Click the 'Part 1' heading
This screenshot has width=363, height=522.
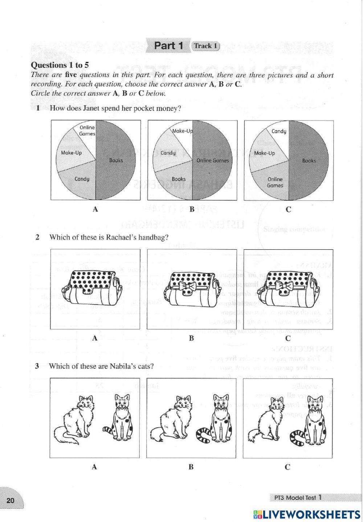tap(169, 46)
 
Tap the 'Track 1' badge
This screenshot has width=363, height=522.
tap(205, 46)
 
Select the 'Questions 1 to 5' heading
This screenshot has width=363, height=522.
tap(60, 65)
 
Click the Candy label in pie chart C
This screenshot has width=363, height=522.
tap(279, 131)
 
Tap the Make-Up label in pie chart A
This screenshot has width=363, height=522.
tap(72, 153)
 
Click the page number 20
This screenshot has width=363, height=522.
tap(10, 501)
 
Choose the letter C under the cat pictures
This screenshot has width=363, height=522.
tap(287, 467)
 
